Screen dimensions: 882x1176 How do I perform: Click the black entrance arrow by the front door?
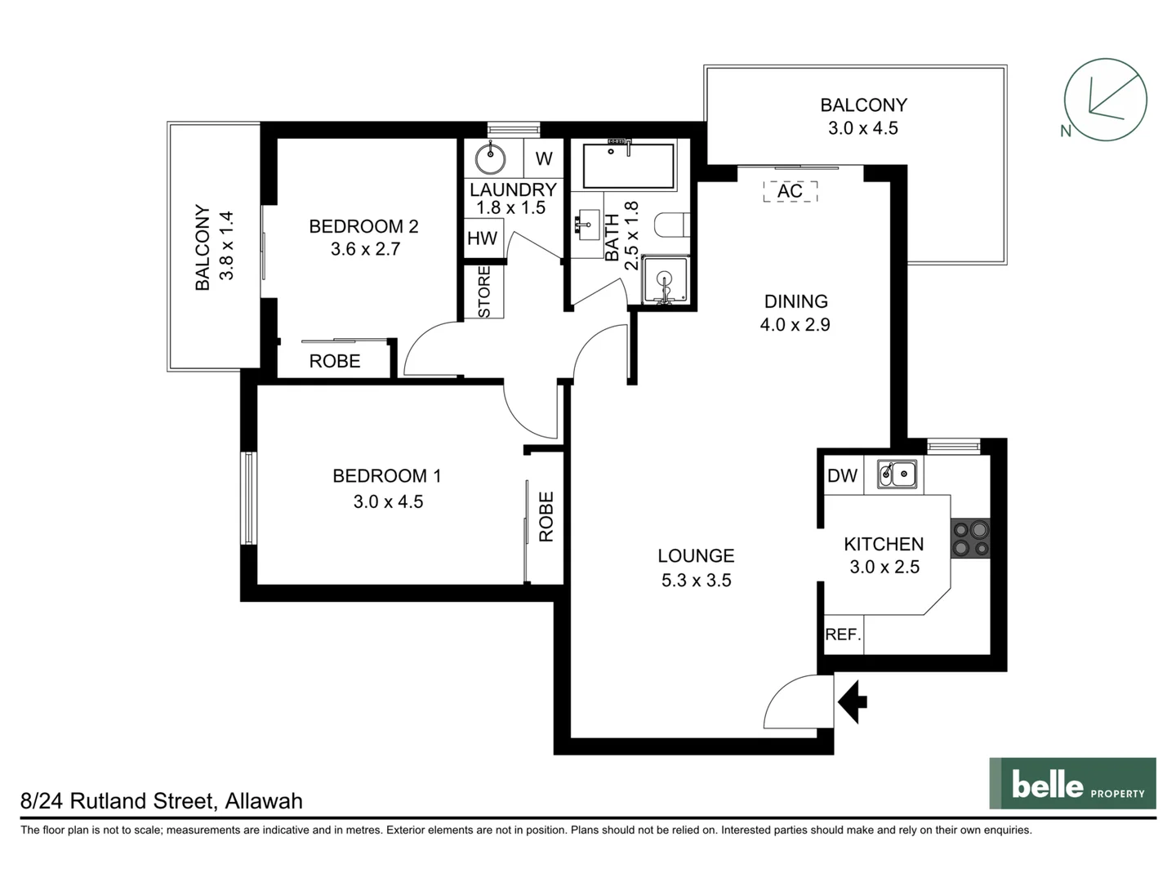[x=853, y=701]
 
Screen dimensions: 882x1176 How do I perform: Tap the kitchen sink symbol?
[x=896, y=474]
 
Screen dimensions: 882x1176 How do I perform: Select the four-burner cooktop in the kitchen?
[x=970, y=539]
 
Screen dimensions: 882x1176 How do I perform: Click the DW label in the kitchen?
[x=842, y=475]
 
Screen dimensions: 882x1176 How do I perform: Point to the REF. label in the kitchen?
[x=843, y=635]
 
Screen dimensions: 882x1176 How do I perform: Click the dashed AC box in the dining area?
[x=790, y=191]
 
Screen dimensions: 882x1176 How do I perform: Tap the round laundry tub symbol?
[x=491, y=158]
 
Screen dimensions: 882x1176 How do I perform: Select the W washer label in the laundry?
[x=544, y=158]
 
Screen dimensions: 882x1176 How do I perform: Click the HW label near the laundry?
[x=482, y=238]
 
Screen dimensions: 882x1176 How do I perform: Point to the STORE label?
[x=483, y=292]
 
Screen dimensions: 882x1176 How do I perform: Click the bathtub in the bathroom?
[x=628, y=166]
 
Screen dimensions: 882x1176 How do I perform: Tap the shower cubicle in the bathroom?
[x=666, y=280]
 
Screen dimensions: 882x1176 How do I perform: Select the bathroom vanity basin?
[x=586, y=223]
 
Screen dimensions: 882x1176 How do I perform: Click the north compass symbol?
[x=1104, y=100]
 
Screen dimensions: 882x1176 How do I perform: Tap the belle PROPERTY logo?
[x=1072, y=784]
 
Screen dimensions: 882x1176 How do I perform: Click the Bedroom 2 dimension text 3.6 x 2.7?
[x=365, y=249]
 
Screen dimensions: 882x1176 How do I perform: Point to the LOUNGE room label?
[x=696, y=556]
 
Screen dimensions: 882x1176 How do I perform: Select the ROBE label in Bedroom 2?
[x=335, y=361]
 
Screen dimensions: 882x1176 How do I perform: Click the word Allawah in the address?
[x=264, y=801]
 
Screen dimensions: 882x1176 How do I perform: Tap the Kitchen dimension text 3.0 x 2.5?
[x=884, y=567]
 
